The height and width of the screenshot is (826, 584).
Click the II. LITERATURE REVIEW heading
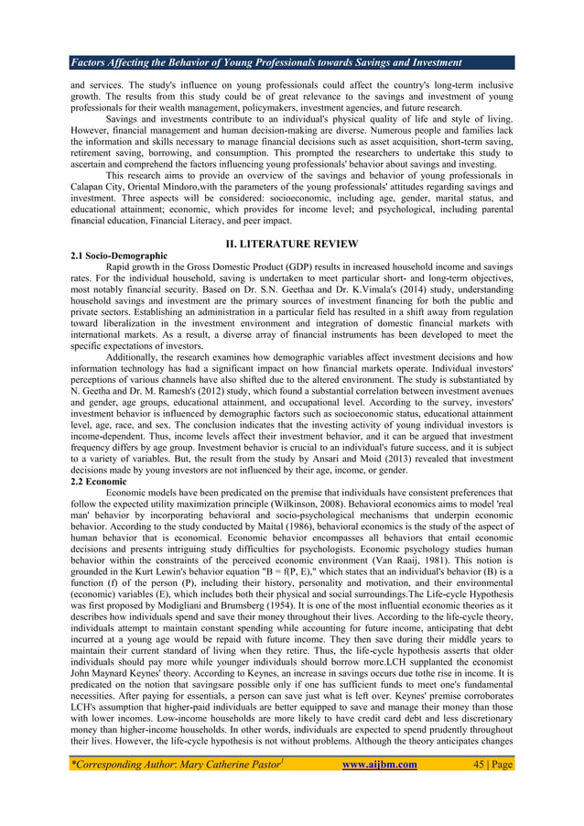coord(291,244)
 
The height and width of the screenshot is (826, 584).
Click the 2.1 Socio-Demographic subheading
coord(119,255)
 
